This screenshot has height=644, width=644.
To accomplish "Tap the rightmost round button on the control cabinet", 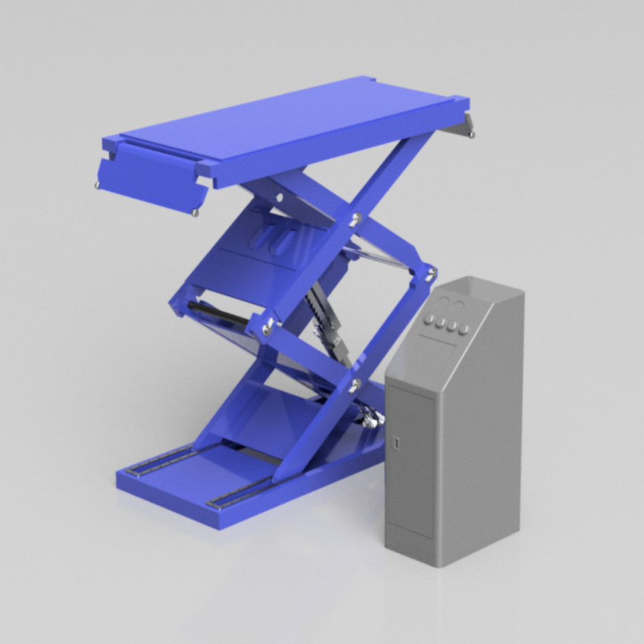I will (465, 330).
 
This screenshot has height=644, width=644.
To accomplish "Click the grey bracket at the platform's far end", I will (465, 125).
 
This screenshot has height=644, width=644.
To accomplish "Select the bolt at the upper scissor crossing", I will (355, 219).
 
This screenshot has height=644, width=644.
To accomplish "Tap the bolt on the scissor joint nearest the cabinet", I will (430, 274).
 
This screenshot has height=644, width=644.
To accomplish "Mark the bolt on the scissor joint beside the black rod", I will (267, 328).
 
